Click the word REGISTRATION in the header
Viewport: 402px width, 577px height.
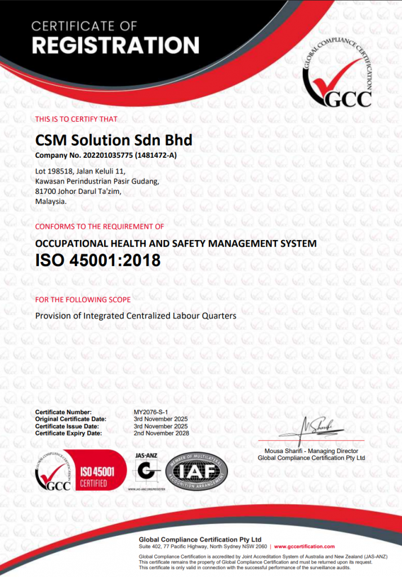point(115,45)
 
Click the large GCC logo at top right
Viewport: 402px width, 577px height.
point(337,76)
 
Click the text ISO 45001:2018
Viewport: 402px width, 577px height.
point(98,260)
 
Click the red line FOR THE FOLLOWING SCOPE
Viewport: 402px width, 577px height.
point(83,299)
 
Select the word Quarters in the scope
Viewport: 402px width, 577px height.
point(218,316)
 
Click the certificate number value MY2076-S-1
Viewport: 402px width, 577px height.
point(151,412)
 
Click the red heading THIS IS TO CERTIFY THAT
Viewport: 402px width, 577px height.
point(77,119)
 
